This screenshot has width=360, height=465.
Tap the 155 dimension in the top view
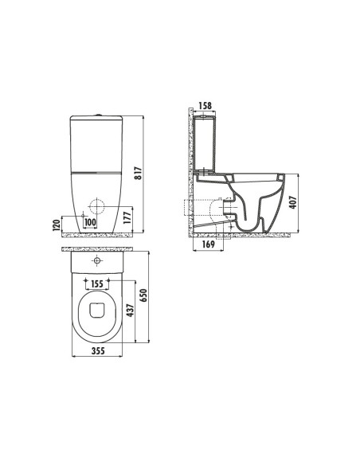96,282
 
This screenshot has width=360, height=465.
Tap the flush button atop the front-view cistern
97,115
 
